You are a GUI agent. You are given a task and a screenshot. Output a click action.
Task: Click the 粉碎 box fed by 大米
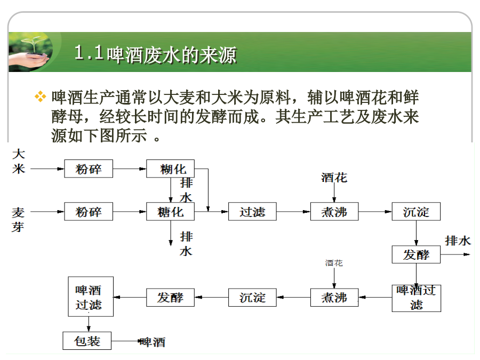click(89, 169)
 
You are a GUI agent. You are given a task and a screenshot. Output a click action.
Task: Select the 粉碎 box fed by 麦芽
click(89, 212)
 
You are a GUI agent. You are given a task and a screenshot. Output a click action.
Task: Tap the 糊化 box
click(170, 169)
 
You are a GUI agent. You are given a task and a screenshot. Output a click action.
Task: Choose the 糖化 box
click(170, 212)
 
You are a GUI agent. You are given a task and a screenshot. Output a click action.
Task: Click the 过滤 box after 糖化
click(252, 212)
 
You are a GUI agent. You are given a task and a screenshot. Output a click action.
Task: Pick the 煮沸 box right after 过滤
click(334, 212)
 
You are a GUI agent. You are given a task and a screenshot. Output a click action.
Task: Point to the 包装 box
click(87, 341)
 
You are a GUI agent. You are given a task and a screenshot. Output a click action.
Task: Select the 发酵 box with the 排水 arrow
click(416, 254)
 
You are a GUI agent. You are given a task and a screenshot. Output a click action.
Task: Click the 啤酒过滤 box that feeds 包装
click(91, 297)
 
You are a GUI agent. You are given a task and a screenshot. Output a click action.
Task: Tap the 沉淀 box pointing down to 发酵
click(416, 212)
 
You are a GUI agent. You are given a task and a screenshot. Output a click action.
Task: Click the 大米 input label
click(18, 161)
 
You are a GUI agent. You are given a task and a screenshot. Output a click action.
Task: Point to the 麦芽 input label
click(18, 220)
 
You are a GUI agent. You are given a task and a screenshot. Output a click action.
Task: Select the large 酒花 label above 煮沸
click(334, 178)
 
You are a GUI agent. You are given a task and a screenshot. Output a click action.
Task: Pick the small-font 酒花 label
click(334, 263)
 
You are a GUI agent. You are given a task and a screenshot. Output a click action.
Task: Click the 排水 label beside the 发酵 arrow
click(458, 241)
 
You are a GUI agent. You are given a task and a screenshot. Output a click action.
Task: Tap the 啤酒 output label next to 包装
click(153, 342)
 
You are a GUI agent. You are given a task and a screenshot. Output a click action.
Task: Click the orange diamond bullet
click(41, 97)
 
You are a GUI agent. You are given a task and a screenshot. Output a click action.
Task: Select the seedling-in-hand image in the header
click(30, 51)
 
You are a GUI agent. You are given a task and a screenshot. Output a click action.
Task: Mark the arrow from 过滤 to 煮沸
click(293, 212)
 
